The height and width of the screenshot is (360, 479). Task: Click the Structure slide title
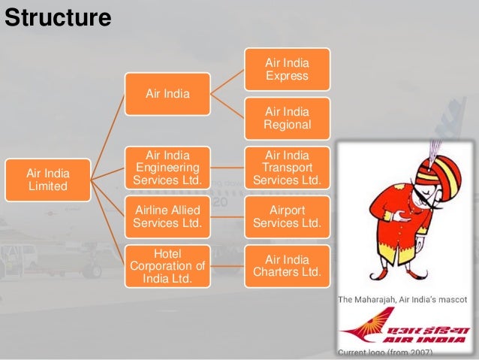point(58,17)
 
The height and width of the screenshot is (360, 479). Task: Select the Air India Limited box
point(47,180)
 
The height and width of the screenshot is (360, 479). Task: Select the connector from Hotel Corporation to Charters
point(227,266)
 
